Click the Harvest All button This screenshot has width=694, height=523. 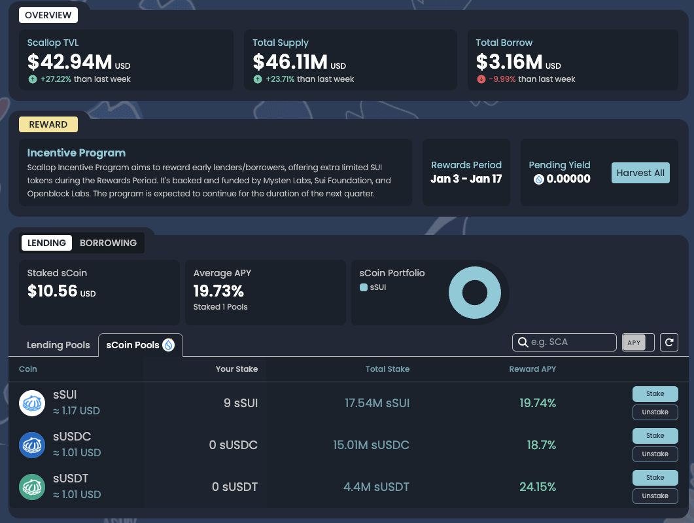coord(640,173)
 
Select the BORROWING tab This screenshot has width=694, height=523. coord(108,243)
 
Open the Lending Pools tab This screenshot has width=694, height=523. coord(58,345)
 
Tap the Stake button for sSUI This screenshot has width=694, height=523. coord(655,394)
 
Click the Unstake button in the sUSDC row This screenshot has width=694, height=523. coord(655,454)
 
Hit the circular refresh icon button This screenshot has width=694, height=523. coord(668,342)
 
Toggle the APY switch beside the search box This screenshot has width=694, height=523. coord(638,342)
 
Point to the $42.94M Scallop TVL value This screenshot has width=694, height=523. coord(70,62)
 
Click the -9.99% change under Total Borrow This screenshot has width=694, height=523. coord(502,79)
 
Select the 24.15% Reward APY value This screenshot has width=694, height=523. coord(538,487)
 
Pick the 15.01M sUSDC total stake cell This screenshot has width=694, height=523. coord(371,445)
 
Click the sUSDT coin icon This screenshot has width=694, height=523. coord(31,487)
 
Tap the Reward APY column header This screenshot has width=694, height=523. coord(532,369)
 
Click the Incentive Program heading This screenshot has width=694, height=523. coord(76,153)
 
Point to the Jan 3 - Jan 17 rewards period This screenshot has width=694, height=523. coord(466,179)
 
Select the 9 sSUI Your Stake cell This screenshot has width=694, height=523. coord(241,403)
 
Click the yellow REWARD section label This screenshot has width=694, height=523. coord(48,124)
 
